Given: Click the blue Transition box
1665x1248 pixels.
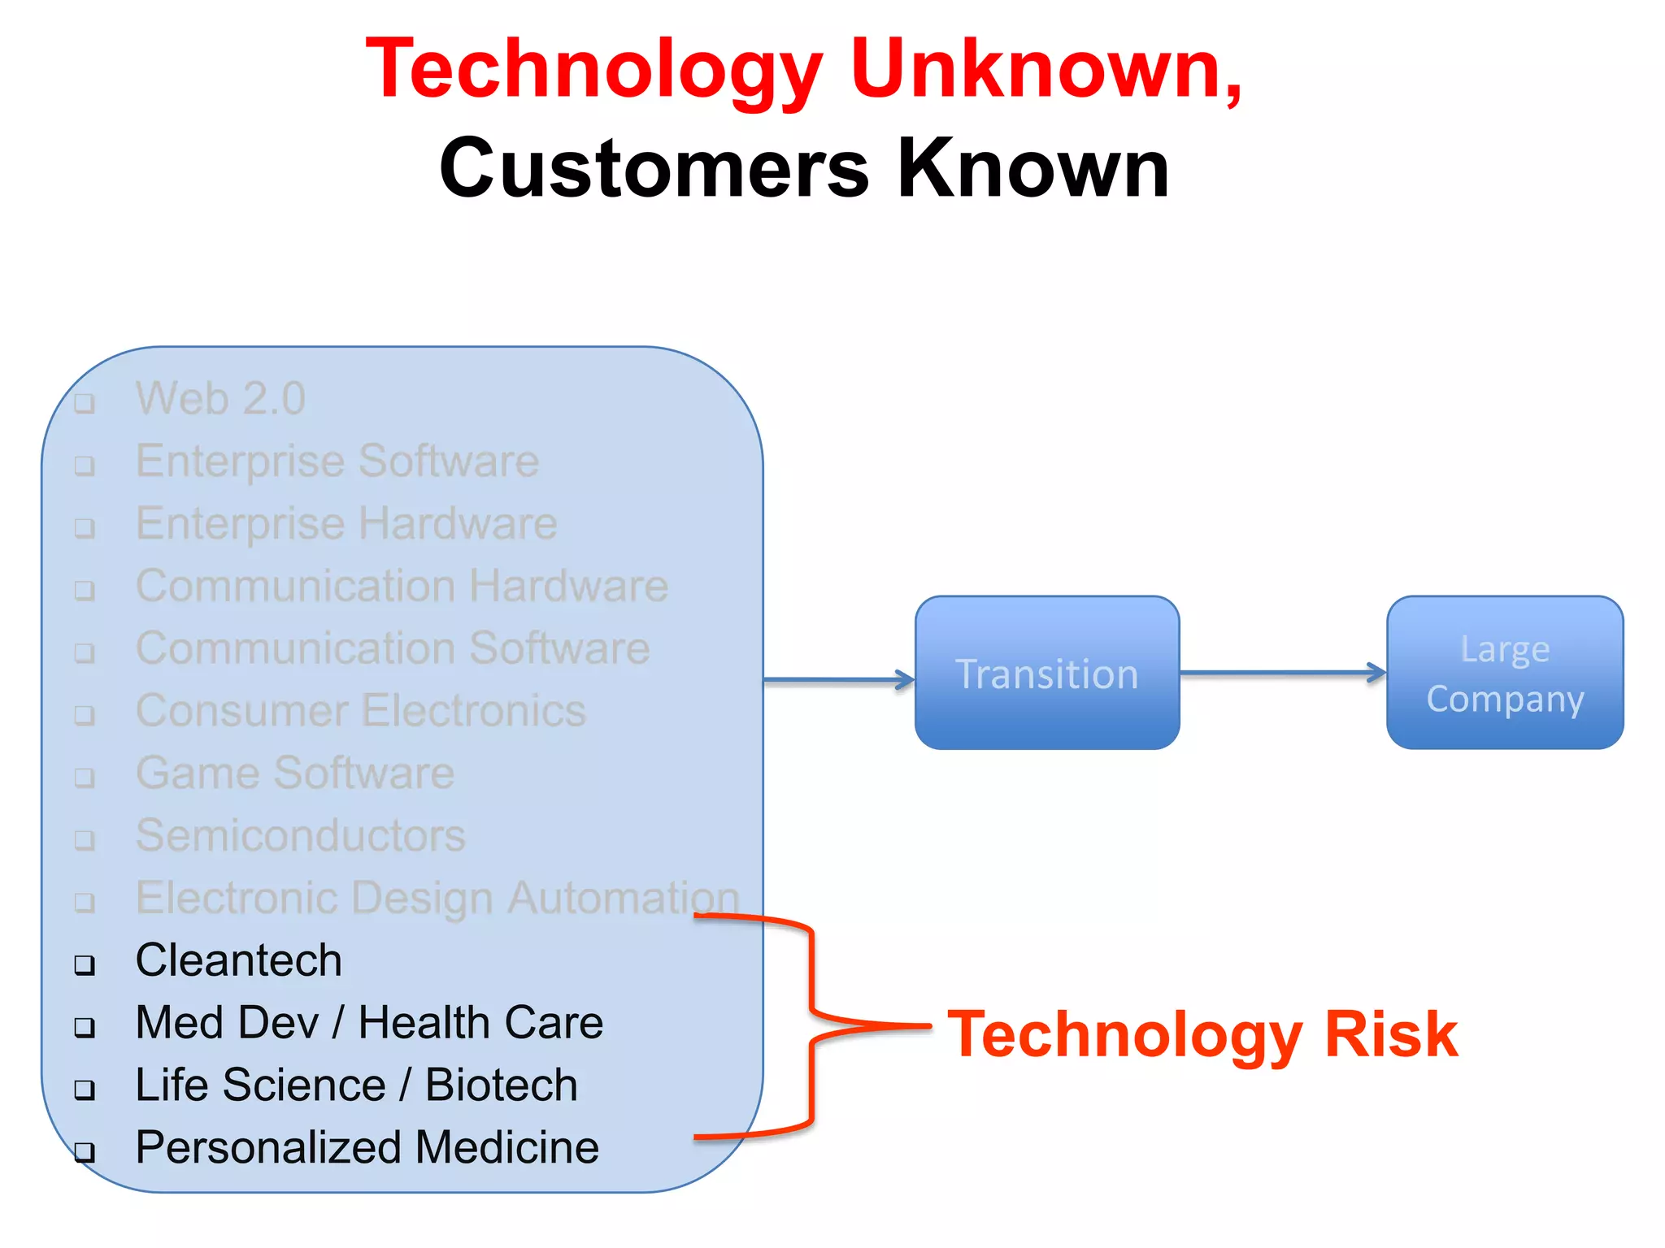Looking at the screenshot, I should click(x=1047, y=673).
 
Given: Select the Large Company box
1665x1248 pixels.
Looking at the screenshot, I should click(x=1505, y=673).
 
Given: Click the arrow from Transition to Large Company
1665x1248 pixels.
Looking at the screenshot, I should click(x=1282, y=673).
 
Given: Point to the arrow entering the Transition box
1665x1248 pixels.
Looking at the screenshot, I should click(x=837, y=680).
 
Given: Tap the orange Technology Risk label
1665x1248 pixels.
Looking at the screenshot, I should click(x=1203, y=1034).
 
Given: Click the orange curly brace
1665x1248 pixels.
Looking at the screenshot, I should click(x=811, y=1025).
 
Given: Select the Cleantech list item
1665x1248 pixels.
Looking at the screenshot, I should click(x=238, y=960).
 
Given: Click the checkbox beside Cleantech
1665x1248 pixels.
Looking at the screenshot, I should click(x=85, y=965).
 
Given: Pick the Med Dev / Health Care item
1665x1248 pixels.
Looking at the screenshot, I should click(x=369, y=1023).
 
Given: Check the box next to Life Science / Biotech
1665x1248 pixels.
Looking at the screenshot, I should click(x=85, y=1090).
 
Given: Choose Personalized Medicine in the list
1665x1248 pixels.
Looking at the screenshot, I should click(x=367, y=1147).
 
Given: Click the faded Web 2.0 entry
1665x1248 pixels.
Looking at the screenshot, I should click(x=220, y=399).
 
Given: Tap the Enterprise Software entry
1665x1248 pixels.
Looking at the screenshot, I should click(x=337, y=461).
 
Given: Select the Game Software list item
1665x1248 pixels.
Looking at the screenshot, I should click(x=295, y=773).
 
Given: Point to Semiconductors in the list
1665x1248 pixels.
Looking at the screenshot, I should click(x=301, y=835).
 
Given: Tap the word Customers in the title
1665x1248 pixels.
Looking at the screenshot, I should click(x=654, y=169).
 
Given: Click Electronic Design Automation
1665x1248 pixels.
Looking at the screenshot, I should click(x=437, y=898).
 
